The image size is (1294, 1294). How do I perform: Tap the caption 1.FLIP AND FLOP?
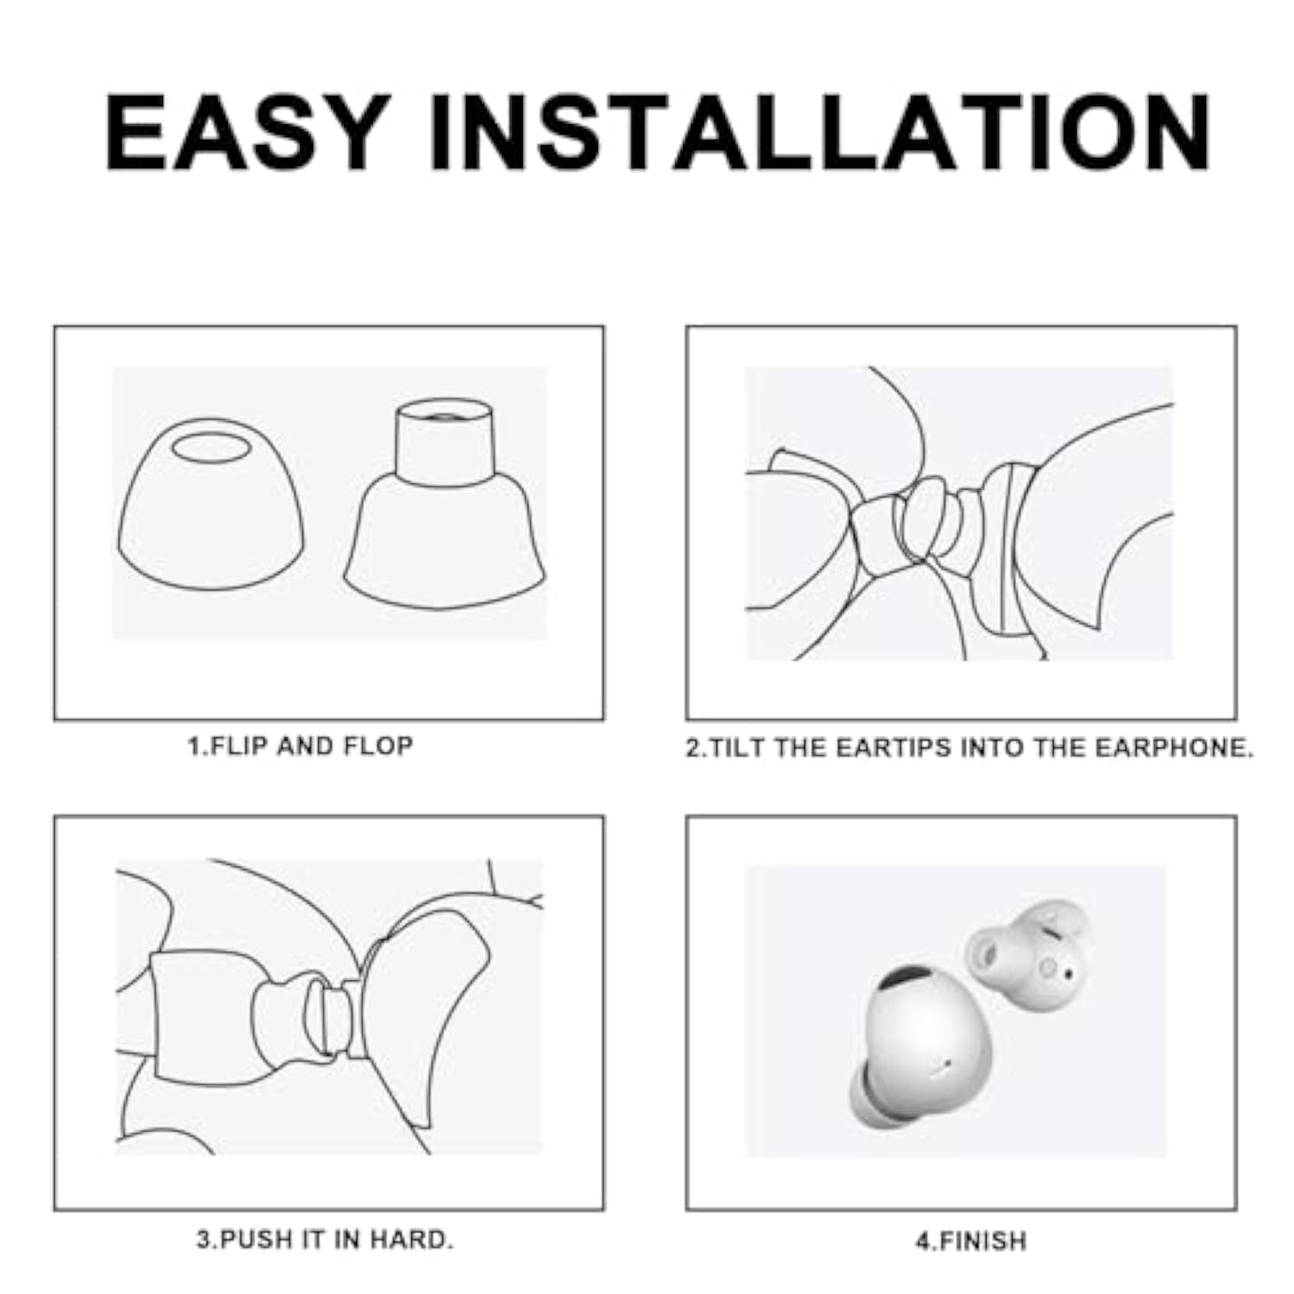[x=300, y=746]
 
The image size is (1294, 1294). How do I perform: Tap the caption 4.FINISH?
[x=970, y=1241]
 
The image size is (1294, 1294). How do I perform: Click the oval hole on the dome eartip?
[x=210, y=448]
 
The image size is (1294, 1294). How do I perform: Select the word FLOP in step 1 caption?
[x=378, y=746]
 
